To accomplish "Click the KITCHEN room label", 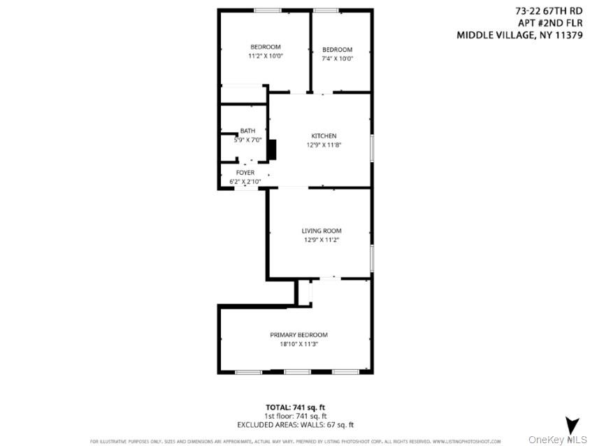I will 324,136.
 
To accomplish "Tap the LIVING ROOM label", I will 322,231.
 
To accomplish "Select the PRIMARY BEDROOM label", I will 298,335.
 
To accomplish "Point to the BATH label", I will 247,131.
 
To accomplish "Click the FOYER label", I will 245,172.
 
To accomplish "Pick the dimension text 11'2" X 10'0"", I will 265,56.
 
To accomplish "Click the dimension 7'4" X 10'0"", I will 337,59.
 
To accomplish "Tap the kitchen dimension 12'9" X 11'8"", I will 324,145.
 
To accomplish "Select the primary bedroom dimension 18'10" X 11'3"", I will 298,344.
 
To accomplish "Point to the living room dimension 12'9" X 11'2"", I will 322,240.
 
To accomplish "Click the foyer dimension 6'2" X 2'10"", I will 245,182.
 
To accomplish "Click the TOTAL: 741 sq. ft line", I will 295,407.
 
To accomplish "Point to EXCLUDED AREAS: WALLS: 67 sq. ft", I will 295,424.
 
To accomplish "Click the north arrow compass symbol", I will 572,424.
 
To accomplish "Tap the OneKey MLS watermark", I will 557,439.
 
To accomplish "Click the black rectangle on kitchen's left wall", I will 273,150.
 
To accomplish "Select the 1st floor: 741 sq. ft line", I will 295,415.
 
